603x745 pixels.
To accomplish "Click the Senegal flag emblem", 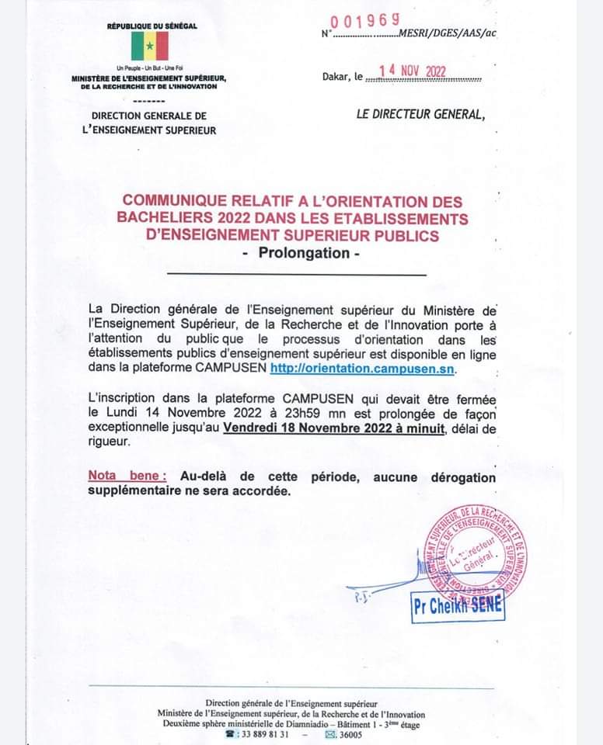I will tap(150, 46).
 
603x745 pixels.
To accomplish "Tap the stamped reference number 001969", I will tap(365, 21).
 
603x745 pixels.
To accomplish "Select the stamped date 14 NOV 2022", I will tap(412, 72).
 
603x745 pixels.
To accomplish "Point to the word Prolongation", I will tap(303, 253).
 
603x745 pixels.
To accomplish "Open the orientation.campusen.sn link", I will tap(364, 367).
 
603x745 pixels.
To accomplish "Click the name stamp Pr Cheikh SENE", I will tap(458, 608).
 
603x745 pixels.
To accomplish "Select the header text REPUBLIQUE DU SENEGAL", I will tap(152, 26).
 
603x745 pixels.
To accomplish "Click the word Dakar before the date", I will tap(337, 77).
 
